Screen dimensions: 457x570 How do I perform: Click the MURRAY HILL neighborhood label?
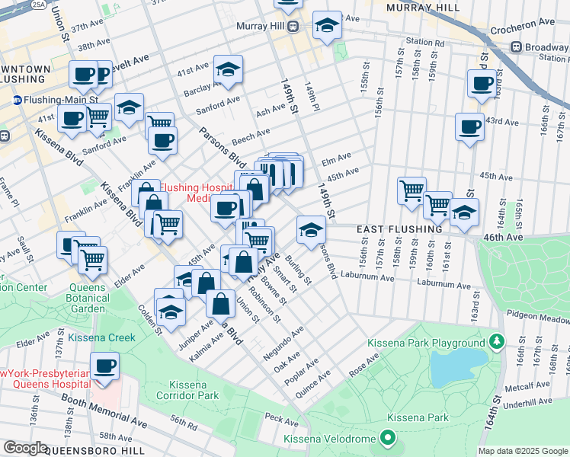click(x=423, y=7)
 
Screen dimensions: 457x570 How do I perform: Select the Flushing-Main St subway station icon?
click(x=17, y=100)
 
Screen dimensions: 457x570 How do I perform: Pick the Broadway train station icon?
click(x=516, y=47)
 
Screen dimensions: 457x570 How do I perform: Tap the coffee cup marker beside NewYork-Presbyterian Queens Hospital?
click(x=105, y=366)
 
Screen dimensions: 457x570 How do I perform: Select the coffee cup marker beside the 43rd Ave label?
click(x=470, y=126)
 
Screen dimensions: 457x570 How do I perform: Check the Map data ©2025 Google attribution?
click(x=523, y=451)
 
